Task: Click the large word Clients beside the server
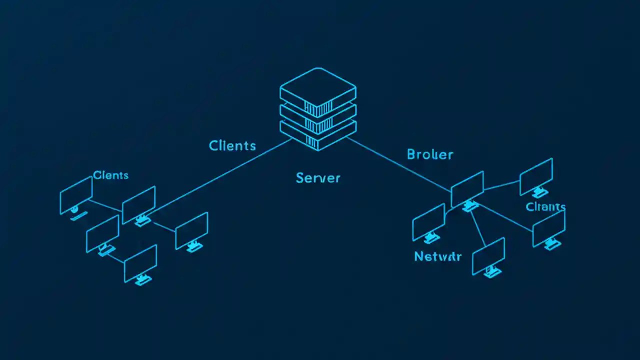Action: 232,145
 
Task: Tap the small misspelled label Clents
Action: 110,175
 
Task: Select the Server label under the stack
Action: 318,177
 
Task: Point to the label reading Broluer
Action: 430,154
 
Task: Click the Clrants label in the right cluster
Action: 545,206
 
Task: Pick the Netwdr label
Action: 438,257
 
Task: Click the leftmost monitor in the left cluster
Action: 76,195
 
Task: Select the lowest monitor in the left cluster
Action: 140,263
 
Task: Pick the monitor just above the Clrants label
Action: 536,176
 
